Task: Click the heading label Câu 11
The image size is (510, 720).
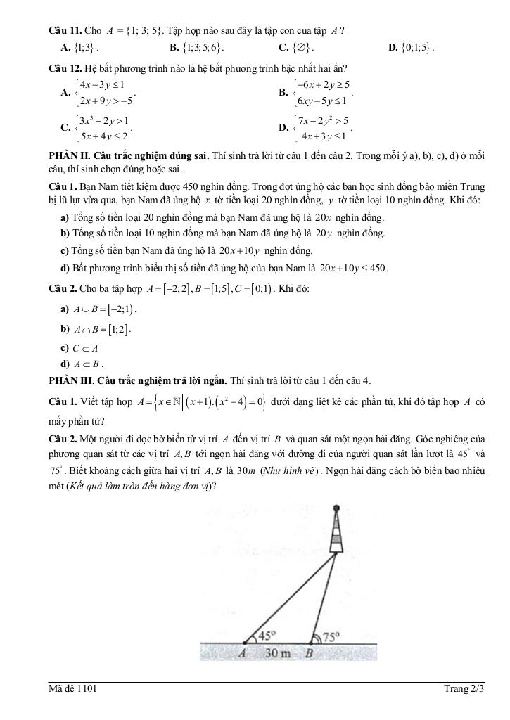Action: point(64,30)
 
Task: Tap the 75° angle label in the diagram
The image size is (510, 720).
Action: point(331,636)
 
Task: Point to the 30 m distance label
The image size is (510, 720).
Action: point(277,652)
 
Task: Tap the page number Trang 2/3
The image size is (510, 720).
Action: point(464,688)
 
